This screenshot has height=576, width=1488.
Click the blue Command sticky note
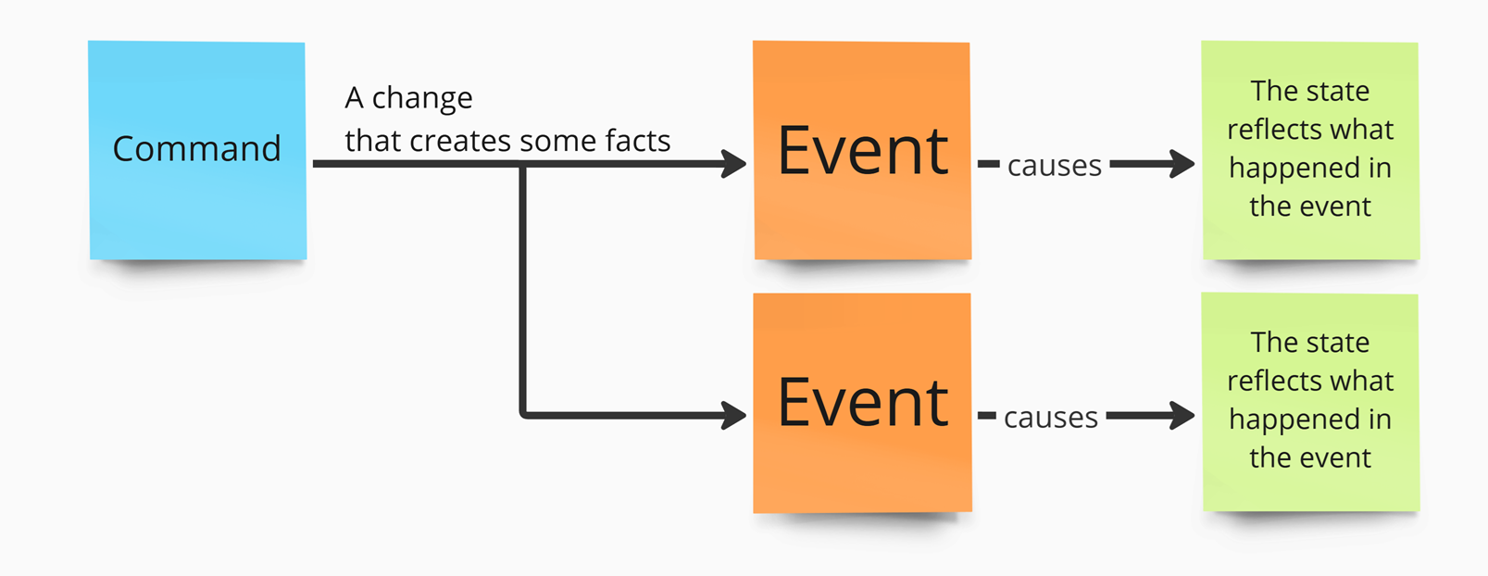197,150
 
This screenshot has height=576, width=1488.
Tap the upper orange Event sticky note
862,150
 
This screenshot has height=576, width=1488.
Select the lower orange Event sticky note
862,403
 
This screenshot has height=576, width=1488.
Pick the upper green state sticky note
1310,150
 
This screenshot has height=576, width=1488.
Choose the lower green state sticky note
1310,402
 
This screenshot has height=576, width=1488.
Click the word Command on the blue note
196,148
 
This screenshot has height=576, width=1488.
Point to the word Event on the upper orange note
863,151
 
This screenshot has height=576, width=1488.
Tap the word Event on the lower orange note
863,403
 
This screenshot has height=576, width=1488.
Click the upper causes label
1055,166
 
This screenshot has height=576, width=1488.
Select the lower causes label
1050,418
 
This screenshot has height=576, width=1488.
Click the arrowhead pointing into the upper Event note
734,163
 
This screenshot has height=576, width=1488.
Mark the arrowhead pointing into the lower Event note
734,415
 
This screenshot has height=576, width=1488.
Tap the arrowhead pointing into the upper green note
1182,163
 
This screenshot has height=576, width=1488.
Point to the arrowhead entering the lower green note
1182,415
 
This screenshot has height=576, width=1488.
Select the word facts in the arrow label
638,140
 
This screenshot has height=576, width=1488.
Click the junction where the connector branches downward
523,164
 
